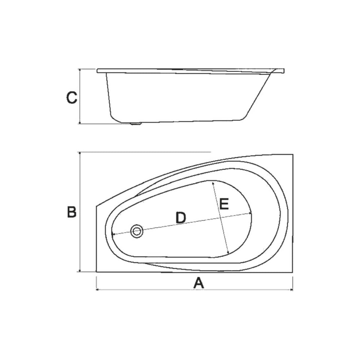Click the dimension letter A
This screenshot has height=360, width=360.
(x=199, y=283)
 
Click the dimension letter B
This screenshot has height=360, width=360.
(x=72, y=212)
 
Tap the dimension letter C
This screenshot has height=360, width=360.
(x=72, y=98)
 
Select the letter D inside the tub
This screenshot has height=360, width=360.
(x=181, y=218)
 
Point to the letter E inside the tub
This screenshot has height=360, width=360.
(x=224, y=204)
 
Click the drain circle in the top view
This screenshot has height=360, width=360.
(x=137, y=231)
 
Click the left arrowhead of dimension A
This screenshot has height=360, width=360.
(x=97, y=290)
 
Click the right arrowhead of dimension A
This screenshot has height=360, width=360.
(x=291, y=290)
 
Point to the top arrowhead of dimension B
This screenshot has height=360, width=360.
(x=80, y=153)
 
